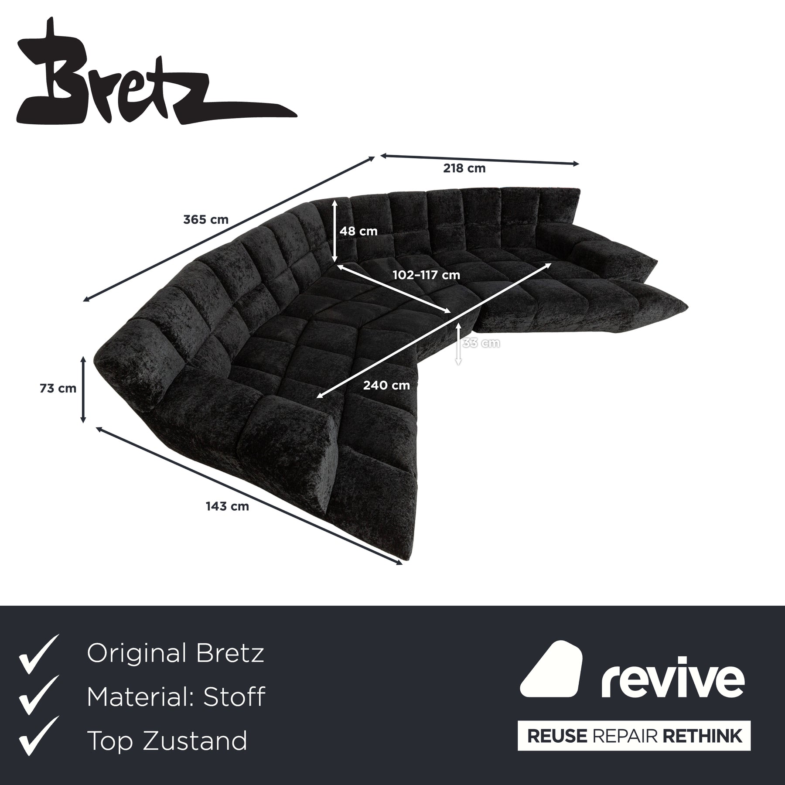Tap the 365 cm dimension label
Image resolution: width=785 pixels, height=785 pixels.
pos(206,219)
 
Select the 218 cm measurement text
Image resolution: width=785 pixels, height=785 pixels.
pos(464,168)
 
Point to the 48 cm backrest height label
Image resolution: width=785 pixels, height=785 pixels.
pos(358,231)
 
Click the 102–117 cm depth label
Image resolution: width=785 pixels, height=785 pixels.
pos(426,275)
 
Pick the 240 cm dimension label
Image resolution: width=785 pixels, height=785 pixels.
pos(386,386)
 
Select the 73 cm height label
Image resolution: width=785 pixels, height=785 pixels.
pos(58,388)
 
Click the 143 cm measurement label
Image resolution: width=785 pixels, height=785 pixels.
pos(227,506)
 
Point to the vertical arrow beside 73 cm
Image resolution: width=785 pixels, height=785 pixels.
pos(83,389)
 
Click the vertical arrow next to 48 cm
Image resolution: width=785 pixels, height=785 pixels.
pos(334,231)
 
